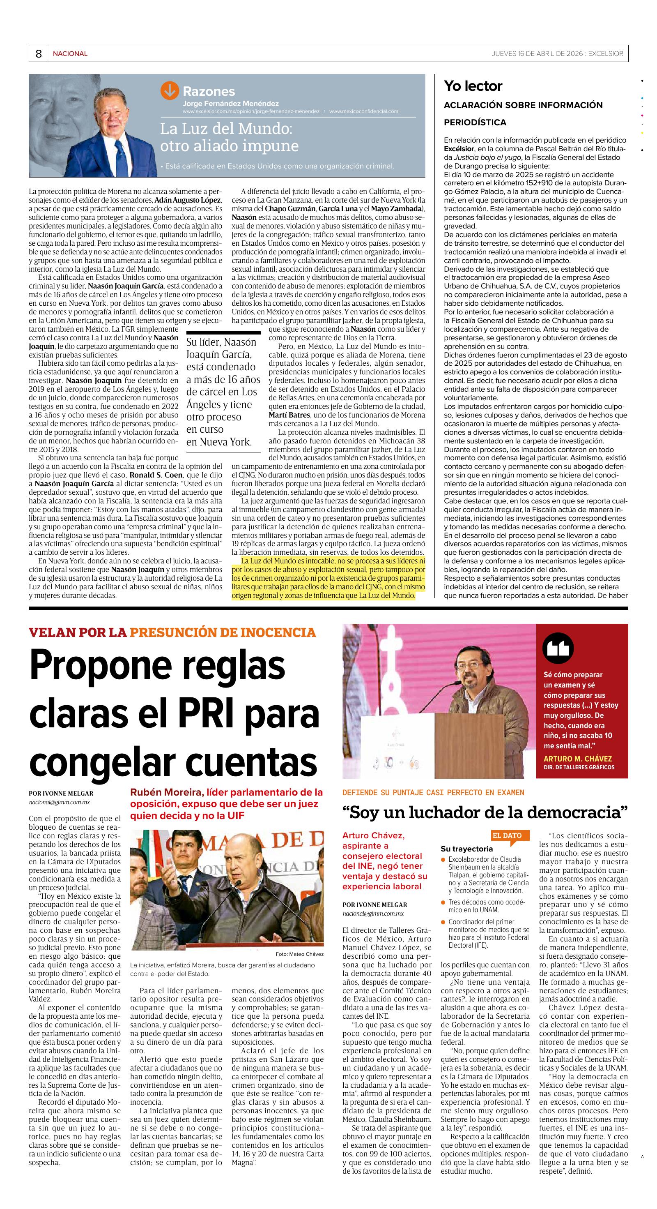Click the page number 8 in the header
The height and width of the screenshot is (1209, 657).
(39, 54)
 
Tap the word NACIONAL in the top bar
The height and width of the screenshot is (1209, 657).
(70, 54)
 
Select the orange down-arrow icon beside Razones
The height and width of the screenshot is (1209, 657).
(169, 90)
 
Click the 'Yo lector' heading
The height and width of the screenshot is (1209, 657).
(473, 86)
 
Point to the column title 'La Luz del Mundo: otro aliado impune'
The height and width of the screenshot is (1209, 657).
(229, 137)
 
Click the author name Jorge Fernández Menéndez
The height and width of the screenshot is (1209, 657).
(230, 104)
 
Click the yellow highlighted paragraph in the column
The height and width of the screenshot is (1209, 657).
(328, 578)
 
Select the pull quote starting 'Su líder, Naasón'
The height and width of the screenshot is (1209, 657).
(223, 392)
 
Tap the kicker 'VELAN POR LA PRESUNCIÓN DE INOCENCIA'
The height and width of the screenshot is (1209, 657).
(172, 633)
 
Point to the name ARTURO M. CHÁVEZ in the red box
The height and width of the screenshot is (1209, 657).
(577, 759)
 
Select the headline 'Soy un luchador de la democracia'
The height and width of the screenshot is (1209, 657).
(485, 812)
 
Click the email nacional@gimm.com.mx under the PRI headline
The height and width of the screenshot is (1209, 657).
(59, 803)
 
